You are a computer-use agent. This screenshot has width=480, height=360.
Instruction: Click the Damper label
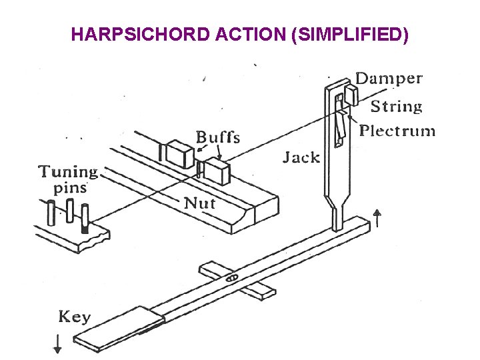coord(389,78)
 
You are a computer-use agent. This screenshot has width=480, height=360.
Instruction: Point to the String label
coord(397,106)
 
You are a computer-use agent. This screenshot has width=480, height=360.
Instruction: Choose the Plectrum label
coord(397,130)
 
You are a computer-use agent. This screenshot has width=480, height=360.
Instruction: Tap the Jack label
coord(301,157)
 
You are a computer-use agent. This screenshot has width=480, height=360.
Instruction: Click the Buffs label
coord(218,137)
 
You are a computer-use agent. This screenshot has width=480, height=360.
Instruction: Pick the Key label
coord(75,316)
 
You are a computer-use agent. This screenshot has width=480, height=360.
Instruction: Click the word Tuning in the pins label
coord(68,172)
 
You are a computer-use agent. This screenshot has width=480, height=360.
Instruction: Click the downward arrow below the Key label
coord(57,343)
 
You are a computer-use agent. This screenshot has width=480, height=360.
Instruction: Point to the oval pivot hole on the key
coord(231,277)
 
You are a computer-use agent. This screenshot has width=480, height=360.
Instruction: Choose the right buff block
coord(216,171)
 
